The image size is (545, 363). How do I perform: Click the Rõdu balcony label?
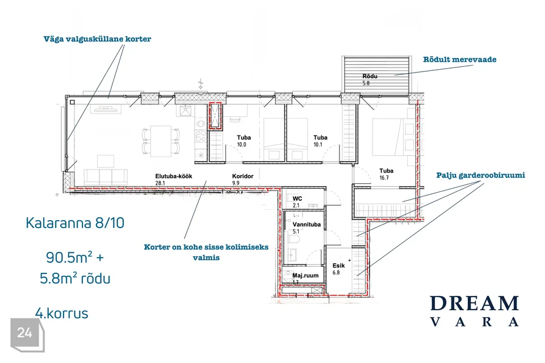[370, 76]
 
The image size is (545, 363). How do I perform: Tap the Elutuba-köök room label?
[174, 176]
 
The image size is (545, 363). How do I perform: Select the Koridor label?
[242, 176]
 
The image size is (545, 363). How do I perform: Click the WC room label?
[297, 199]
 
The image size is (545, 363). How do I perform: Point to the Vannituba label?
[307, 225]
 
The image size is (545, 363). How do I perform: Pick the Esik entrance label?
[338, 265]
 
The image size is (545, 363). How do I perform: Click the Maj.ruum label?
[305, 276]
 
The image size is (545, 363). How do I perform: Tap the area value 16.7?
[384, 178]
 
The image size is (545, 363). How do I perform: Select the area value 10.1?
[318, 145]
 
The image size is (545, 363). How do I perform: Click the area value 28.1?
[160, 183]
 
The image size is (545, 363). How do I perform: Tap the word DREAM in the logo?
[475, 303]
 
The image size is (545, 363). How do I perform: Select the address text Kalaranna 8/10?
[75, 223]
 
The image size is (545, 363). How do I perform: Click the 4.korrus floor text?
[62, 313]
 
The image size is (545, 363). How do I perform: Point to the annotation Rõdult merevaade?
[459, 60]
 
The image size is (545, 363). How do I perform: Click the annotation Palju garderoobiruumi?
[480, 175]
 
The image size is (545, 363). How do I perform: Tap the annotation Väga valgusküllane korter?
[97, 39]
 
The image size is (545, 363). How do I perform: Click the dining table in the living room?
[161, 141]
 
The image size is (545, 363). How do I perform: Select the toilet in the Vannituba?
[295, 240]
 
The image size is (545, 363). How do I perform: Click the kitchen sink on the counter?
[186, 111]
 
